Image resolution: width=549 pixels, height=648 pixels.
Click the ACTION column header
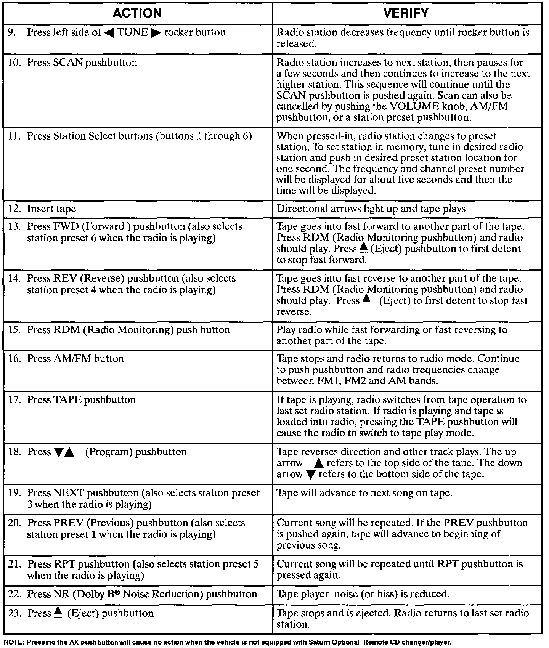tap(137, 13)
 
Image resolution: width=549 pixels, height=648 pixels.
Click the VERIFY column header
tap(406, 13)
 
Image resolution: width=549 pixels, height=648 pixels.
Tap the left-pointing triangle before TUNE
tap(109, 33)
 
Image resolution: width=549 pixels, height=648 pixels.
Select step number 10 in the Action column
tap(14, 63)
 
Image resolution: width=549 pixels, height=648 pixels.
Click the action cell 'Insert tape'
tap(51, 209)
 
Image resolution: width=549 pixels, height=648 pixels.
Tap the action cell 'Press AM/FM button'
tap(75, 359)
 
